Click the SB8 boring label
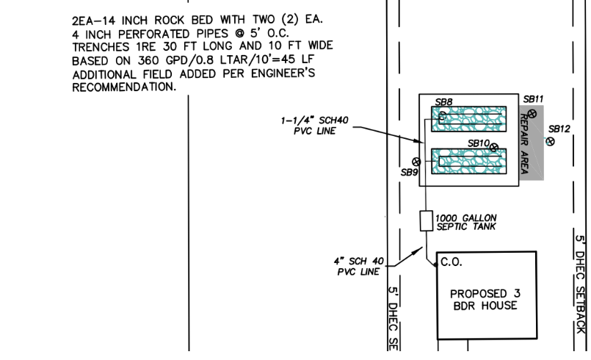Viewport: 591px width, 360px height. pos(443,102)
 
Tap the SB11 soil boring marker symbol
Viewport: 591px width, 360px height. pos(532,115)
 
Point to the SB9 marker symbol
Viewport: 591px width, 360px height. pos(416,162)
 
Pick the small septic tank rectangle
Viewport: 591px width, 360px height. pos(424,221)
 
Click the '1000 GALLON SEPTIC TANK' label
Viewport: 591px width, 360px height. pos(465,222)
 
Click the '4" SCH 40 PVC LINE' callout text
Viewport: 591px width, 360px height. pos(360,265)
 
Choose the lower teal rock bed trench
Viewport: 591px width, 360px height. pos(468,162)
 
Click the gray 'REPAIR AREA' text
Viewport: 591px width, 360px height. pos(524,145)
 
